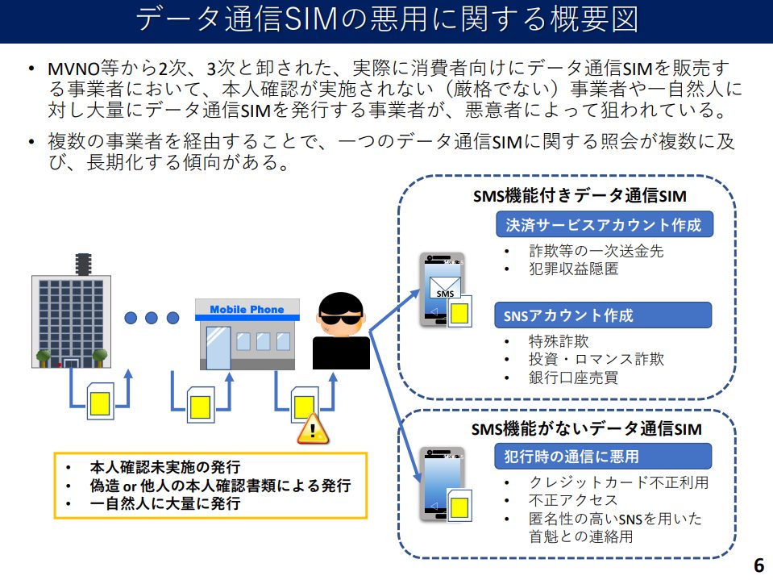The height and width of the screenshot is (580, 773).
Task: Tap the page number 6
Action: coord(758,563)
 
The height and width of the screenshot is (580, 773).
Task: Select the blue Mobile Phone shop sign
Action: coord(247,310)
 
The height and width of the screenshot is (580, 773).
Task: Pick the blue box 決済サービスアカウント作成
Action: coord(604,224)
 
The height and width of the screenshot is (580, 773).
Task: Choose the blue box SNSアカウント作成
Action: coord(604,315)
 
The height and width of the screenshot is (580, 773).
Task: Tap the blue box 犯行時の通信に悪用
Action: coord(604,457)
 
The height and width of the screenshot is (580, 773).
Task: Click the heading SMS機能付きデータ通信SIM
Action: coord(579,196)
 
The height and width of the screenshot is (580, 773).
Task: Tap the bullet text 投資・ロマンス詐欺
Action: coord(596,359)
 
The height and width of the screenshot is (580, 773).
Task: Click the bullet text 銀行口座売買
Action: coord(573,378)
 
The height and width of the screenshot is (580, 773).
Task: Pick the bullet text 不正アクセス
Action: coord(562,501)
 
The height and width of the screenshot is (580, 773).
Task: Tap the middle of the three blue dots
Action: coord(151,317)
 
